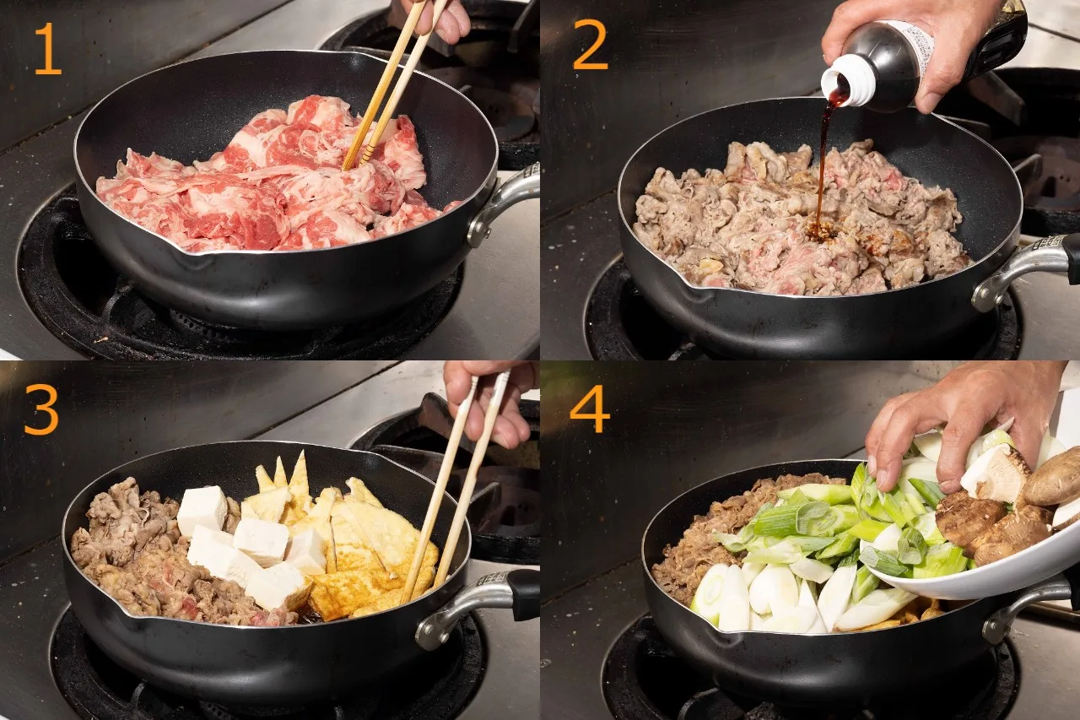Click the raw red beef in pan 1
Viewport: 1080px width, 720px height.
(x=270, y=183)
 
